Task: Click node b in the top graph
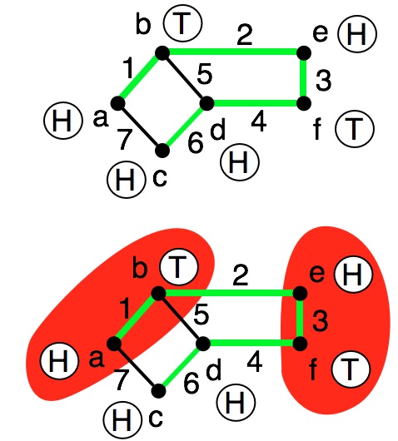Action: [162, 53]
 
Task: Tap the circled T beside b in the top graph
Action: [183, 23]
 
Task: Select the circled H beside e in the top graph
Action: [357, 34]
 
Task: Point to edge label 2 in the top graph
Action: [245, 35]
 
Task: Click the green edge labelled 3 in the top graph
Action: [303, 78]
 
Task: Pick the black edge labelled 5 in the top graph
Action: [185, 78]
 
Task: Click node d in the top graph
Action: [206, 103]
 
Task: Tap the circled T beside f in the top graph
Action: [355, 128]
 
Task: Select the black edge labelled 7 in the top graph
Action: [140, 126]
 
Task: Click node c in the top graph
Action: [162, 150]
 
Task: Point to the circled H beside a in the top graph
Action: [63, 121]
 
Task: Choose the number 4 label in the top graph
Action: [259, 123]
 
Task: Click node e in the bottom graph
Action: [300, 294]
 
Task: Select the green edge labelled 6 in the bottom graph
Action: [181, 367]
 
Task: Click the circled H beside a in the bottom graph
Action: [59, 361]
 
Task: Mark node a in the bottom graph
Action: [114, 344]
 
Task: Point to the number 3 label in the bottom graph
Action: [321, 321]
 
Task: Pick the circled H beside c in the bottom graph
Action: [122, 420]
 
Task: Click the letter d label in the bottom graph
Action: [214, 370]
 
